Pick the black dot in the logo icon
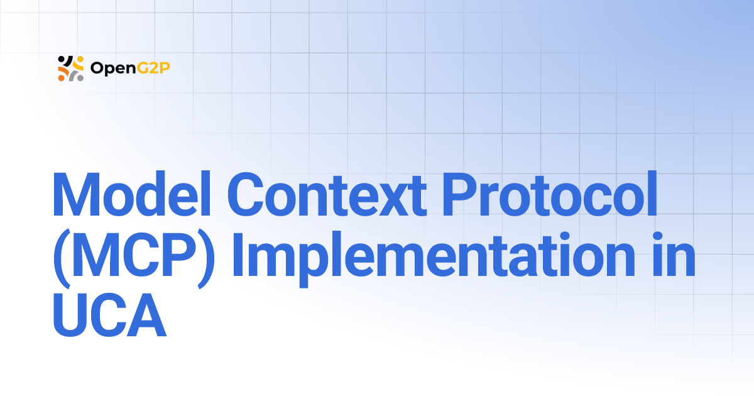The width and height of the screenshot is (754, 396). pos(61,59)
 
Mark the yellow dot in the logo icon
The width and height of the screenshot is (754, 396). pos(80,58)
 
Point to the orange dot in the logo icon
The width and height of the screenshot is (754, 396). pos(61,78)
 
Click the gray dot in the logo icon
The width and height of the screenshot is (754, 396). pos(80,78)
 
